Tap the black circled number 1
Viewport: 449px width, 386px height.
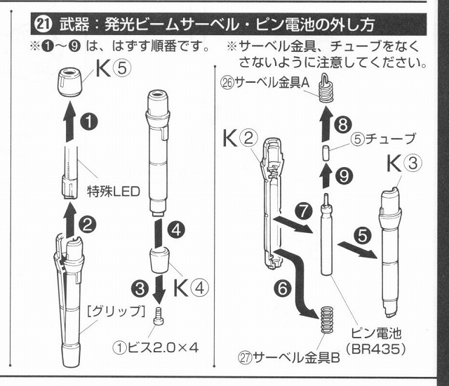tap(89, 121)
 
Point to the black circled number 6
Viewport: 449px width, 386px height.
tap(283, 288)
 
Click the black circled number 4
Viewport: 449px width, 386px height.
tap(177, 229)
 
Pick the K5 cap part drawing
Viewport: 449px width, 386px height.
tap(69, 83)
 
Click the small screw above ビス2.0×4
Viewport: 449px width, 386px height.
tap(159, 316)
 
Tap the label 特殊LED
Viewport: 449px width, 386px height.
tap(114, 192)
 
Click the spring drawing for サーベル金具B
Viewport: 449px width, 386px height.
tap(326, 320)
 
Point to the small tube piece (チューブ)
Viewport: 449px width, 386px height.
tap(326, 153)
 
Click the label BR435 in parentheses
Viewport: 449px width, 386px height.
tap(376, 349)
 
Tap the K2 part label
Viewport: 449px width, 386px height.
tap(239, 138)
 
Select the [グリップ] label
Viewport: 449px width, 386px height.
tap(116, 312)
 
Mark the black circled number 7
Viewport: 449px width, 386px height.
tap(304, 211)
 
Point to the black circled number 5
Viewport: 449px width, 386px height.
tap(363, 235)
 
